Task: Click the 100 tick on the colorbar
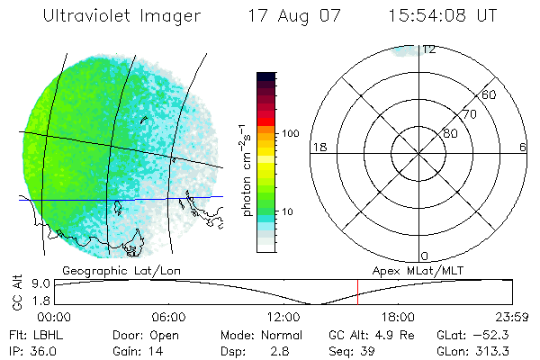coord(290,133)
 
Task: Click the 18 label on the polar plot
coord(318,147)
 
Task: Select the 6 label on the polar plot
coord(523,147)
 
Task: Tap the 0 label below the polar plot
coord(424,256)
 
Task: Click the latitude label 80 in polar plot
coord(450,133)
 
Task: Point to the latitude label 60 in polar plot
coord(489,94)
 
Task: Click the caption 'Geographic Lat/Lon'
coord(111,270)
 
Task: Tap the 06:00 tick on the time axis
coord(168,317)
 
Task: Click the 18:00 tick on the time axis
coord(398,317)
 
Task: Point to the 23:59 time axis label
coord(513,317)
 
